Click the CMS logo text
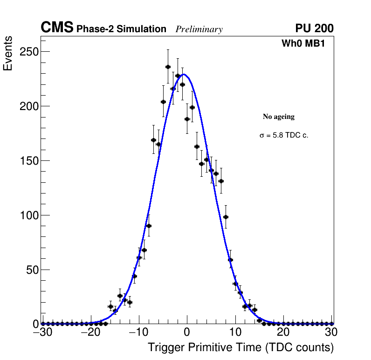point(57,28)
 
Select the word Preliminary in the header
point(199,29)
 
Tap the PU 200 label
point(314,28)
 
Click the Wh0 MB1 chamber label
point(303,44)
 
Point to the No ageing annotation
point(279,117)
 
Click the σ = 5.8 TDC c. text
point(284,136)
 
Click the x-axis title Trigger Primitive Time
point(240,347)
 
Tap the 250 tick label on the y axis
point(28,52)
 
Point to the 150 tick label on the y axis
point(28,161)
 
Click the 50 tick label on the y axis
point(31,270)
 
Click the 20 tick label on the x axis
point(283,332)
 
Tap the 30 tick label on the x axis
point(331,332)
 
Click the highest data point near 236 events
point(168,67)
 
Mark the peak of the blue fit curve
point(185,74)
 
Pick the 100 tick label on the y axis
point(28,215)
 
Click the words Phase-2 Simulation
point(121,29)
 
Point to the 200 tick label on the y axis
point(28,106)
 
